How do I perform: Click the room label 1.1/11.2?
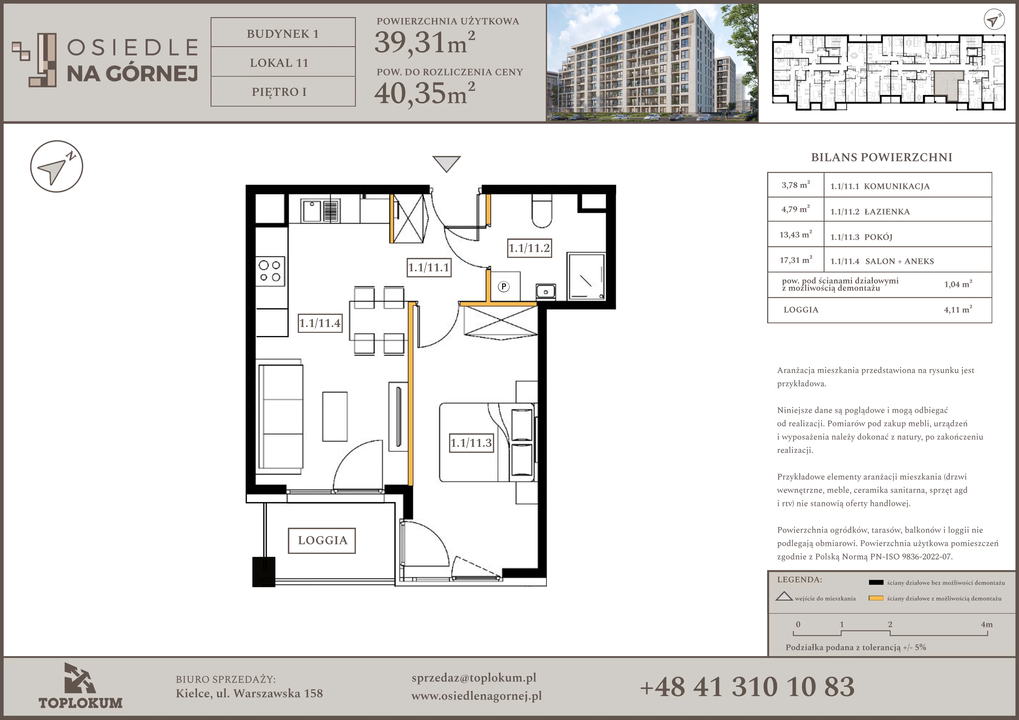(x=529, y=248)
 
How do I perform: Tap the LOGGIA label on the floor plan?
(x=322, y=540)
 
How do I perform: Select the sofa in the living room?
(x=281, y=417)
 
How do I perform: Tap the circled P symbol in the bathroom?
(x=503, y=286)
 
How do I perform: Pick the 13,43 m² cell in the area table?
(x=795, y=234)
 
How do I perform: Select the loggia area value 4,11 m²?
(x=958, y=310)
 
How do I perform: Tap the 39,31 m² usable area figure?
(x=425, y=43)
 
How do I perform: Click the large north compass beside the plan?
(x=56, y=167)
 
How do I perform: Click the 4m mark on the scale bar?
(x=987, y=624)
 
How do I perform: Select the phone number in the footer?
(x=747, y=687)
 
